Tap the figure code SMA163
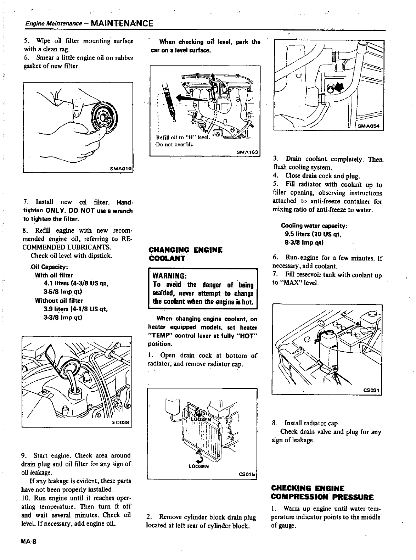248,152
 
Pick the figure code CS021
372,390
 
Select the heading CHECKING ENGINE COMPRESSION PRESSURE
322,492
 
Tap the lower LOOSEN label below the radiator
199,466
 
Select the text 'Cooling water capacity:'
314,226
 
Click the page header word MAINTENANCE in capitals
122,23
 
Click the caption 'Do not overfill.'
174,144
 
